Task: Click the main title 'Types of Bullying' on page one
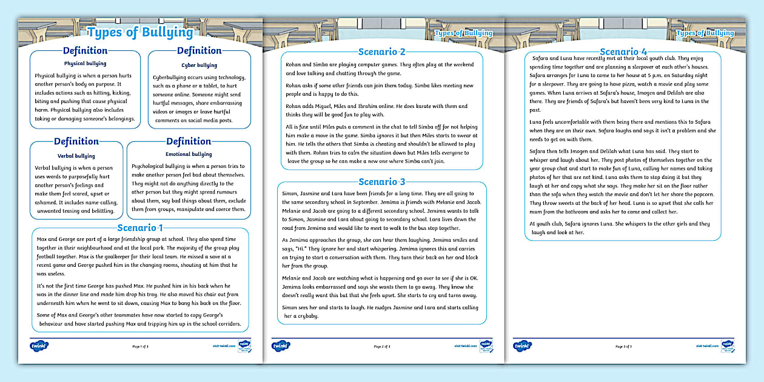tap(140, 32)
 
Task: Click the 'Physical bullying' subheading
tap(85, 63)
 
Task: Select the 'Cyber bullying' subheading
tap(199, 65)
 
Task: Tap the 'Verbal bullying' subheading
tap(76, 156)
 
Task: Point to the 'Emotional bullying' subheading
tap(189, 155)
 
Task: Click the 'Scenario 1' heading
tap(140, 227)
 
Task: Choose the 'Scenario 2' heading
tap(381, 52)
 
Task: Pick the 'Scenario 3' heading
tap(381, 182)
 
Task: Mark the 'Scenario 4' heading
tap(623, 52)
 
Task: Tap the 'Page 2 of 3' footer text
tap(382, 347)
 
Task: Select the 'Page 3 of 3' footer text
tap(623, 347)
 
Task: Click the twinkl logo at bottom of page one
tap(39, 346)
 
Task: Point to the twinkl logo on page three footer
tap(523, 346)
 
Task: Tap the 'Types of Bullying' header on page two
tap(463, 33)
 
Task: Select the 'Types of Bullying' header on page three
tap(705, 33)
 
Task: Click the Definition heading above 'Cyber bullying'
tap(199, 51)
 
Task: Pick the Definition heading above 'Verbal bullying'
tap(76, 142)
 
